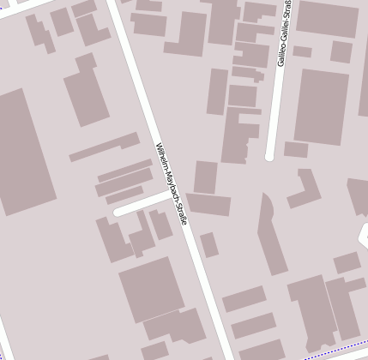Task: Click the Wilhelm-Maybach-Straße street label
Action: coord(171,183)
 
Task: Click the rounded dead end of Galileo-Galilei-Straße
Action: coord(269,156)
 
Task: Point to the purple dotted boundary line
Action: coord(335,351)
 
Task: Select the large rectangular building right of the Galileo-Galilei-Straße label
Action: coord(322,105)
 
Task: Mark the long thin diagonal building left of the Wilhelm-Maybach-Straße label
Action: coord(104,147)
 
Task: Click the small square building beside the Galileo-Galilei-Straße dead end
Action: coord(296,149)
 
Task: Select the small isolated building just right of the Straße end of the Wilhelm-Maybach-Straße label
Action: coord(208,244)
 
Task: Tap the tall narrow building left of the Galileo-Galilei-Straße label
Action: coord(218,91)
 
